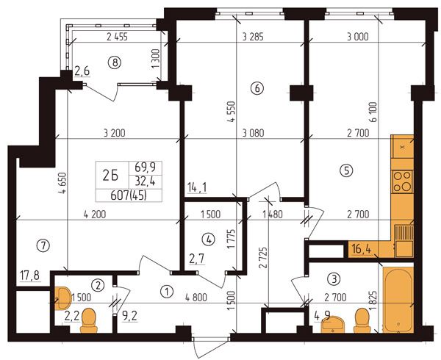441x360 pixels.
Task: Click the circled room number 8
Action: [115, 62]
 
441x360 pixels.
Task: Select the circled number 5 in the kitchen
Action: [346, 170]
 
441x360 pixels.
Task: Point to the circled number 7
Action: [43, 246]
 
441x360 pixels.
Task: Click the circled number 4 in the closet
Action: [209, 240]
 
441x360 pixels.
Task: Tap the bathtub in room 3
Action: [398, 300]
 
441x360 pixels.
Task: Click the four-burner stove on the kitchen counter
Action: [403, 181]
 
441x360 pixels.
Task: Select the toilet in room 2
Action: [89, 320]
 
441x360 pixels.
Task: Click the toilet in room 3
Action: [362, 320]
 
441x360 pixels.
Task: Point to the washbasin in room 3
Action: [333, 324]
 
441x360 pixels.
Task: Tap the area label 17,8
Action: [30, 276]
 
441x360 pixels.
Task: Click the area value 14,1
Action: [197, 188]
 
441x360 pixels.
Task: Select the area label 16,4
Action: [362, 249]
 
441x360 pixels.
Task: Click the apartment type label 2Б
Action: [110, 176]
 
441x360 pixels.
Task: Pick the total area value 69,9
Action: [145, 168]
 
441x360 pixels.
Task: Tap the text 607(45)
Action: [129, 195]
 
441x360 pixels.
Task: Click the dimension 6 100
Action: [374, 112]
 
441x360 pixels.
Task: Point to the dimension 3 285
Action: [253, 37]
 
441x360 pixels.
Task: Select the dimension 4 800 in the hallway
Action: [196, 297]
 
